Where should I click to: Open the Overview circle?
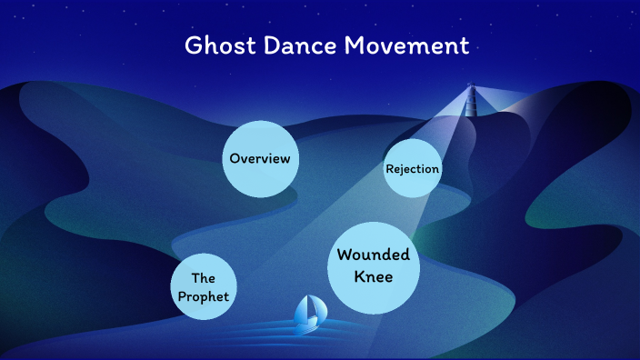(x=260, y=159)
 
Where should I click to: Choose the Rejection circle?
(x=413, y=169)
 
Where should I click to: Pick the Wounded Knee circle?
(x=374, y=265)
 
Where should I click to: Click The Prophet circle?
(x=203, y=287)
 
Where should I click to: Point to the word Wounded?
(x=374, y=255)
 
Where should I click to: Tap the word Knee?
(x=374, y=276)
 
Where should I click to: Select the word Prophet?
(x=203, y=296)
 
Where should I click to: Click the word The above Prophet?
(x=203, y=278)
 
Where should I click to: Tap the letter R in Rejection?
(x=389, y=169)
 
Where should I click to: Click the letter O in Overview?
(x=235, y=159)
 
